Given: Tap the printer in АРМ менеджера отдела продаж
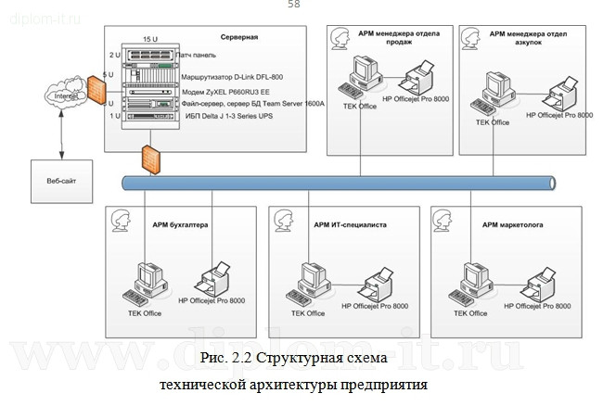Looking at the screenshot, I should [420, 73].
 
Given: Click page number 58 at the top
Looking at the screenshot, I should [294, 6].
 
